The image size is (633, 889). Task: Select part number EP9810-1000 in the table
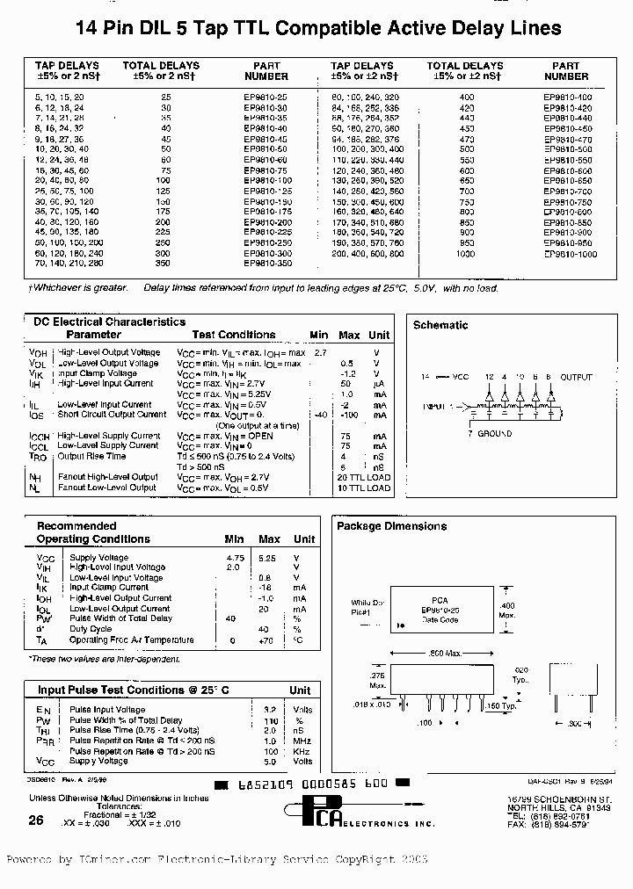coord(570,254)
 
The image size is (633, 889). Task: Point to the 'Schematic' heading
coord(440,325)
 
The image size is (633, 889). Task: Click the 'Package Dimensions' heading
coord(392,526)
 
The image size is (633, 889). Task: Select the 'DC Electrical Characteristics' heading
coord(109,322)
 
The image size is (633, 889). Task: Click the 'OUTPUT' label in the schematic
coord(576,377)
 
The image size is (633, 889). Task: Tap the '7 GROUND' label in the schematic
coord(494,434)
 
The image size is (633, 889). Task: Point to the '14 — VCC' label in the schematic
coord(445,377)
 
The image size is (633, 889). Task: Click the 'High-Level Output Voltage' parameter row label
coord(108,353)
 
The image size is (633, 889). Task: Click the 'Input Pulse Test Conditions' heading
coord(134,690)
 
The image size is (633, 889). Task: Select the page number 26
coord(35,820)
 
